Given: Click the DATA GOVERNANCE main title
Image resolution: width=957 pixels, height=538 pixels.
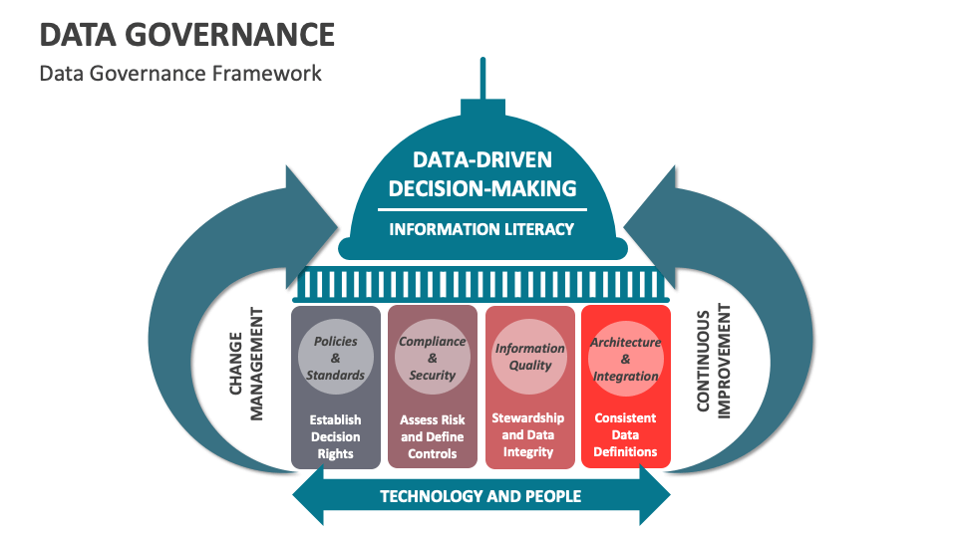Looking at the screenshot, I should click(187, 35).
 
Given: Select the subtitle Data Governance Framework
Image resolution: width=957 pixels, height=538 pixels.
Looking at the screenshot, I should click(180, 73).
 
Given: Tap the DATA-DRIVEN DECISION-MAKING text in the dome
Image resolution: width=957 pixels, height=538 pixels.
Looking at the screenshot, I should click(482, 174).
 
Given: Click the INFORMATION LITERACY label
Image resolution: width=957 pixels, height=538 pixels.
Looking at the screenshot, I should click(481, 229).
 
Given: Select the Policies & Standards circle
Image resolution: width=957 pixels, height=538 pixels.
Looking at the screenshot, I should click(335, 358).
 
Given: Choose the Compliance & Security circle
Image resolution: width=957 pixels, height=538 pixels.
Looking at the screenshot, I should click(432, 358).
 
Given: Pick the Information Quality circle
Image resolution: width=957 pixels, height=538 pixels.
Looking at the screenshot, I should click(529, 358).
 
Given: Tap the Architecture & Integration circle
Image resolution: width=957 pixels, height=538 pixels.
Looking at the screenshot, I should click(625, 358).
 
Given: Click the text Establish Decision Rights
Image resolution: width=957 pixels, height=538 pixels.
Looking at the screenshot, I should click(335, 436).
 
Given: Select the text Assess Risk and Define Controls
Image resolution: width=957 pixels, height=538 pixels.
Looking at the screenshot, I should click(432, 436).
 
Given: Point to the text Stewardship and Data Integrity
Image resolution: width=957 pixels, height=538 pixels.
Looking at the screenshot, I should click(528, 435).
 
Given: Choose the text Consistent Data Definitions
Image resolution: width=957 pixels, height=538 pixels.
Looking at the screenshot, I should click(625, 435).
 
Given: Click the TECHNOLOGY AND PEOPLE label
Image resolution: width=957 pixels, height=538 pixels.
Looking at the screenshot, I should click(480, 495).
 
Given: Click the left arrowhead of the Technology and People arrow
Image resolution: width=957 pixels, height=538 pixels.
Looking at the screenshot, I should click(308, 495).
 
